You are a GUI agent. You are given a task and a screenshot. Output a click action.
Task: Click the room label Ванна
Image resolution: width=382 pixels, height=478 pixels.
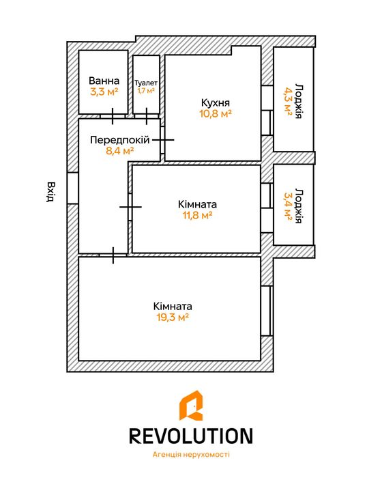pyautogui.click(x=104, y=81)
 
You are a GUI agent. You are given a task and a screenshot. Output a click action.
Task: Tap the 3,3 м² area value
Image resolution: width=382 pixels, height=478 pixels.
pyautogui.click(x=104, y=92)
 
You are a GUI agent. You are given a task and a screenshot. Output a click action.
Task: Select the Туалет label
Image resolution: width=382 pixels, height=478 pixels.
pyautogui.click(x=146, y=83)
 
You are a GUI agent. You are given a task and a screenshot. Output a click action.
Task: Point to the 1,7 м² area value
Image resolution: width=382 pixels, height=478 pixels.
pyautogui.click(x=146, y=91)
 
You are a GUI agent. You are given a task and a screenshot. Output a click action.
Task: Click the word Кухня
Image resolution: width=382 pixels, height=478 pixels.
pyautogui.click(x=216, y=102)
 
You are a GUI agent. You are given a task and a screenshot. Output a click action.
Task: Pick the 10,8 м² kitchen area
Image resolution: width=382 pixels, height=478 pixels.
pyautogui.click(x=216, y=114)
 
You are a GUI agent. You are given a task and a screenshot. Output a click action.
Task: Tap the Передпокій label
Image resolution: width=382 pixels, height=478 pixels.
pyautogui.click(x=120, y=140)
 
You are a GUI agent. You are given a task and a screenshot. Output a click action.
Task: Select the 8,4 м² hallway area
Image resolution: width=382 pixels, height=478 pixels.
pyautogui.click(x=120, y=151)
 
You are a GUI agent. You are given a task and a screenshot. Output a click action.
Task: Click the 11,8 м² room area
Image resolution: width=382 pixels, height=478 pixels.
pyautogui.click(x=197, y=215)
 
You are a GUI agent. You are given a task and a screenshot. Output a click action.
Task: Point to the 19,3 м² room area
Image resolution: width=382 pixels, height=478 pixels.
pyautogui.click(x=173, y=318)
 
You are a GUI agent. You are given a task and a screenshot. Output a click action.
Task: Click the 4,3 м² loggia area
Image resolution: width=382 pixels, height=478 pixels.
pyautogui.click(x=288, y=101)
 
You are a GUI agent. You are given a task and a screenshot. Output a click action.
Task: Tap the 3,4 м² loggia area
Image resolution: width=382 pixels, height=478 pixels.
pyautogui.click(x=288, y=206)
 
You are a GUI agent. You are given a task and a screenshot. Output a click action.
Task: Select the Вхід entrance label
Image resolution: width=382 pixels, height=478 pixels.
pyautogui.click(x=50, y=192)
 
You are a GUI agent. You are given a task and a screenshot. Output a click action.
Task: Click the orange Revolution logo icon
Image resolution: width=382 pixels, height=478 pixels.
pyautogui.click(x=191, y=406)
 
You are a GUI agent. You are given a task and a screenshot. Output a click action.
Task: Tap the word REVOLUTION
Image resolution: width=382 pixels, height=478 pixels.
pyautogui.click(x=191, y=436)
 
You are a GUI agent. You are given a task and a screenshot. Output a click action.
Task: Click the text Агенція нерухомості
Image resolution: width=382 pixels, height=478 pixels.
pyautogui.click(x=191, y=455)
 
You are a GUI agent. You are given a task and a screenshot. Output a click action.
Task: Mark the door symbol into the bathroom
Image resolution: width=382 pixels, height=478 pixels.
pyautogui.click(x=113, y=116)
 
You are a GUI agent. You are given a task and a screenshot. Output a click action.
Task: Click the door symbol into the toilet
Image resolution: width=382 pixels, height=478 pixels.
pyautogui.click(x=147, y=116)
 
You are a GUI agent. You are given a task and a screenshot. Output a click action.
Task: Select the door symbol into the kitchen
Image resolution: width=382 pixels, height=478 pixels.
pyautogui.click(x=163, y=140)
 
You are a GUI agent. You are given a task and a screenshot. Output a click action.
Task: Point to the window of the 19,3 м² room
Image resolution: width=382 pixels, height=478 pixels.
pyautogui.click(x=266, y=311)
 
